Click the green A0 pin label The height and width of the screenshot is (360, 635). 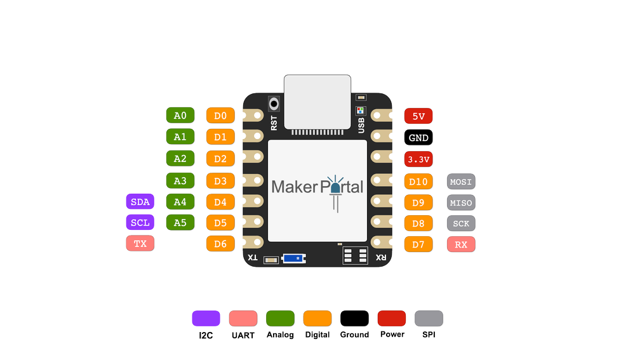point(180,116)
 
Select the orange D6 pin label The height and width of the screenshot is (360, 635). point(220,243)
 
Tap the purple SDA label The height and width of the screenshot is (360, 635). point(140,202)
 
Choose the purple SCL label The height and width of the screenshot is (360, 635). point(140,223)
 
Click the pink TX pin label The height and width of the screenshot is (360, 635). point(140,243)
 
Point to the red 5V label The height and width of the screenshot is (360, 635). point(418,116)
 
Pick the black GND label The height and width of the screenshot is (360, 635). point(418,138)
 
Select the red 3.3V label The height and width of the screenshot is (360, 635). point(418,159)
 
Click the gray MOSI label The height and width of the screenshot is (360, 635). point(461,182)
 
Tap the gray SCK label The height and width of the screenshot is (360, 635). point(461,223)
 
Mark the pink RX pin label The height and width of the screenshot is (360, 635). point(461,244)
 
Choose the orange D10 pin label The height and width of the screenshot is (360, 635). point(418,182)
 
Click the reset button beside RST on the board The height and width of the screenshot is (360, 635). point(275,103)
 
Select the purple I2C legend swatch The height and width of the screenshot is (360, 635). point(206,318)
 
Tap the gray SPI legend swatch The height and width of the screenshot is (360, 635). point(428,318)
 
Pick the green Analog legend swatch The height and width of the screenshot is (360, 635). point(280,318)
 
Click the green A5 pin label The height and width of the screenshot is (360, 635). point(180,223)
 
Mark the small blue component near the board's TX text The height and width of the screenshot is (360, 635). point(293,258)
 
